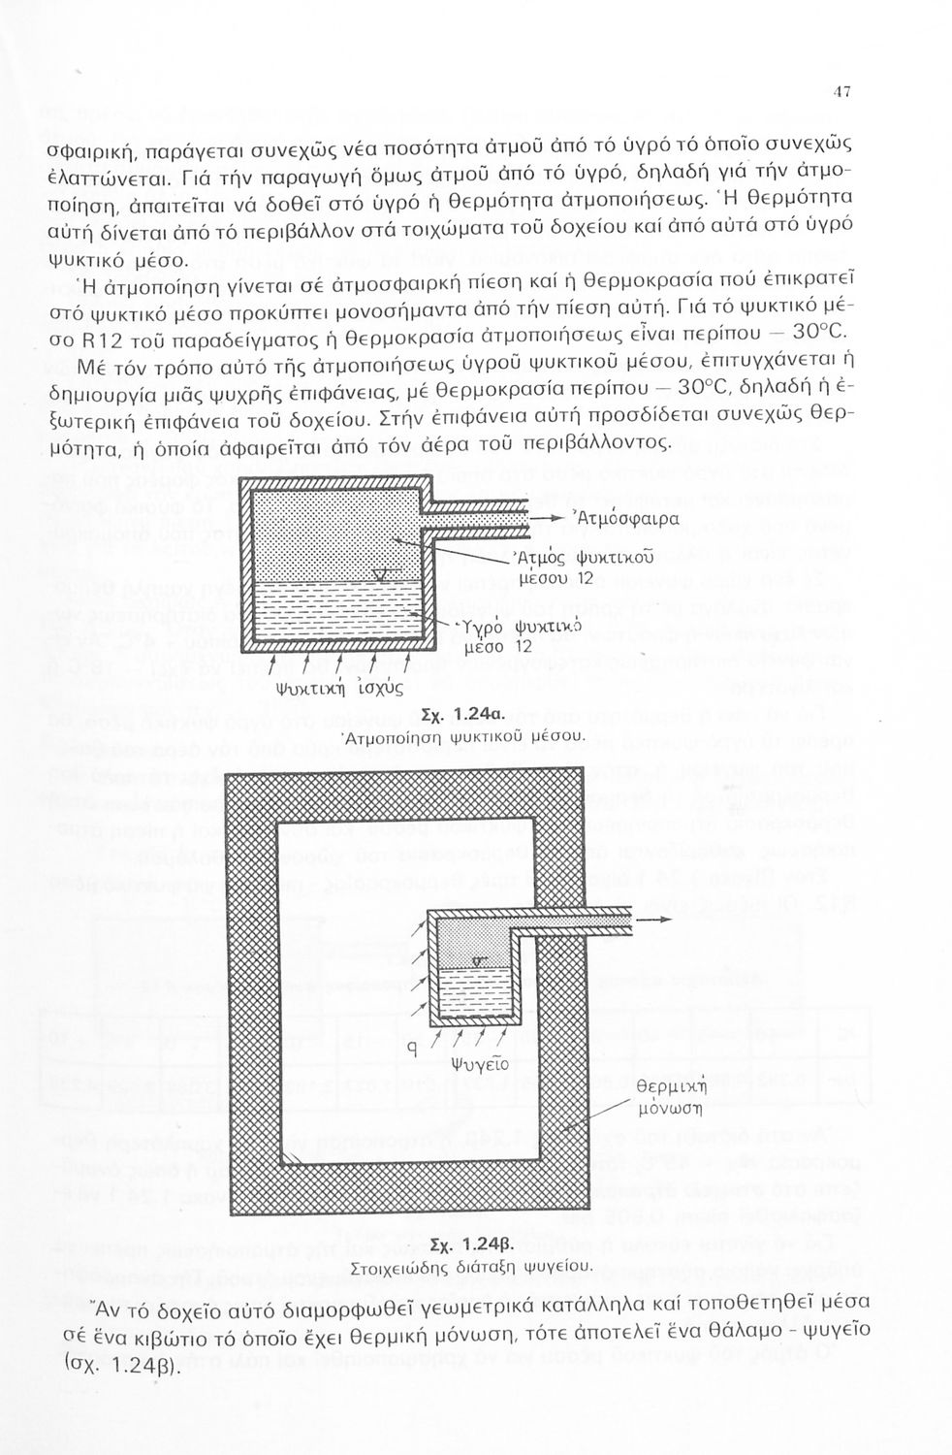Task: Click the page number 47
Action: [x=841, y=92]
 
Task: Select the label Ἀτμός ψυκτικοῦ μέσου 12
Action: [x=581, y=567]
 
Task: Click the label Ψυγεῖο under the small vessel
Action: [x=481, y=1063]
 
